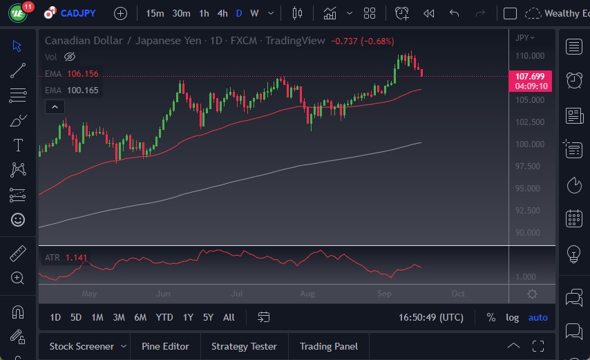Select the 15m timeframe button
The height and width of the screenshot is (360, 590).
(x=155, y=13)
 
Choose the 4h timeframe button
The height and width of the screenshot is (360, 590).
(x=222, y=13)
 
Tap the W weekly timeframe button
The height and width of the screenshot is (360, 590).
(x=254, y=13)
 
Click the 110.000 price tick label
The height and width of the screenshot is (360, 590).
(x=529, y=56)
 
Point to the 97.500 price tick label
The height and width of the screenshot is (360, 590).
(x=529, y=167)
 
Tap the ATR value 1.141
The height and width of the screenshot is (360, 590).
(x=77, y=258)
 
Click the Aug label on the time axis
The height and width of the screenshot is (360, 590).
(x=307, y=294)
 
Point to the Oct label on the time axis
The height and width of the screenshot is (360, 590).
(x=458, y=294)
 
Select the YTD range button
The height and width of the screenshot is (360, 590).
(x=164, y=318)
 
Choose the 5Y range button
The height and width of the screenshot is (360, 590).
(x=208, y=318)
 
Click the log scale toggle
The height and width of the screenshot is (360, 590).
(x=512, y=318)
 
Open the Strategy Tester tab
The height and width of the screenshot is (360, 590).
(x=244, y=346)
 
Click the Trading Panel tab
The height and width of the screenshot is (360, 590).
(x=328, y=346)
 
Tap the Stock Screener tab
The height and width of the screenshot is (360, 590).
(x=82, y=346)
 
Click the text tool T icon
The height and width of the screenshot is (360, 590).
(x=18, y=145)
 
